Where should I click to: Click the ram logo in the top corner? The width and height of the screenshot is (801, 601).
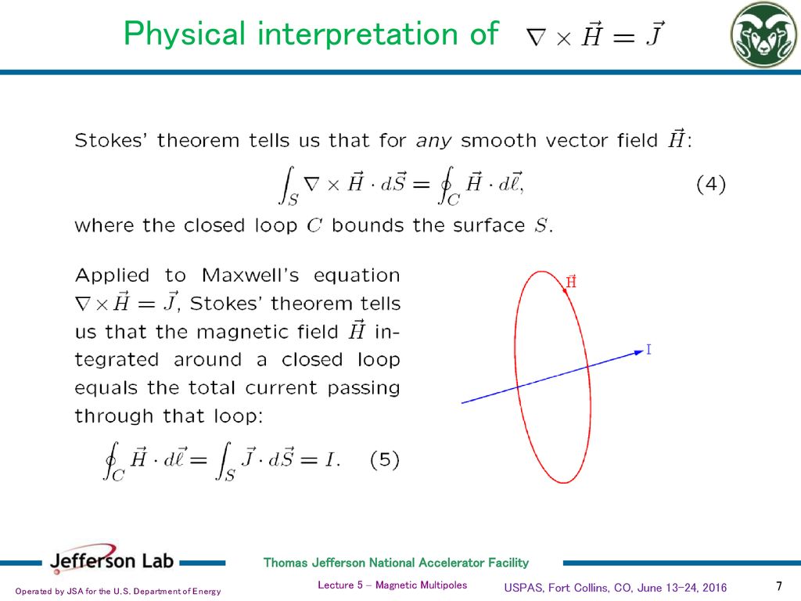point(763,35)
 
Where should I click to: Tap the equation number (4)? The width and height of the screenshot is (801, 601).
point(711,185)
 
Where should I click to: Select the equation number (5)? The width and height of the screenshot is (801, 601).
point(384,460)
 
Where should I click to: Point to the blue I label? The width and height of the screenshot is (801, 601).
point(648,350)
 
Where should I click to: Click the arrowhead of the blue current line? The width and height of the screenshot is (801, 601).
point(637,353)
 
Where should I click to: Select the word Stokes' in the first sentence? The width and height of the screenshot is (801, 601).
point(110,141)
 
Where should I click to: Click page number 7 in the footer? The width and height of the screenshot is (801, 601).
point(778,586)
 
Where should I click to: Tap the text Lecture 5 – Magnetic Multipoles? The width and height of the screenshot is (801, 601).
point(393,585)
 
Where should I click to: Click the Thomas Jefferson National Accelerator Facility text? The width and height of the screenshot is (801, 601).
point(396,563)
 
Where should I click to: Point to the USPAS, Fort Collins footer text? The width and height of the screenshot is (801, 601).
point(616,587)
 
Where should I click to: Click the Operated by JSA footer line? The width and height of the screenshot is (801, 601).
point(118,591)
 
